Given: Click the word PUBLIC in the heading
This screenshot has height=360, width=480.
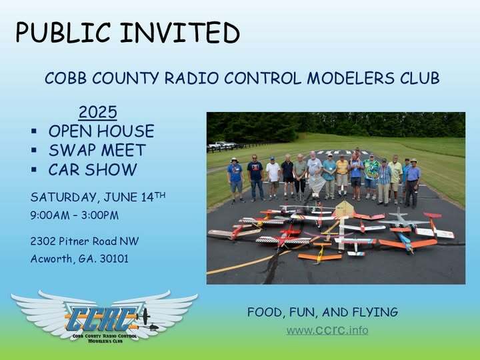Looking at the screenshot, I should click(61, 33).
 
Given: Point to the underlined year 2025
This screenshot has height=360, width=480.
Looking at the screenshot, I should click(98, 111).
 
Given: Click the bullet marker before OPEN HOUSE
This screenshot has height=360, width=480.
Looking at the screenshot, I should click(34, 131).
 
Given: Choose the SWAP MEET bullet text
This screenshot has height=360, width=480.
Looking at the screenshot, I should click(97, 150).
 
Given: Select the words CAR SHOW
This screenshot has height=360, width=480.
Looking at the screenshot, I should click(92, 169).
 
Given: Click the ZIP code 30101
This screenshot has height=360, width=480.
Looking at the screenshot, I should click(111, 259).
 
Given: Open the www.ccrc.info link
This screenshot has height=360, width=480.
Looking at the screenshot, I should click(327, 330).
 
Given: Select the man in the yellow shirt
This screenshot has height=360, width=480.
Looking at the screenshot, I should click(342, 175).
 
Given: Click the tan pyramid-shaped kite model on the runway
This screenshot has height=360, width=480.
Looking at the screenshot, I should click(343, 210).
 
